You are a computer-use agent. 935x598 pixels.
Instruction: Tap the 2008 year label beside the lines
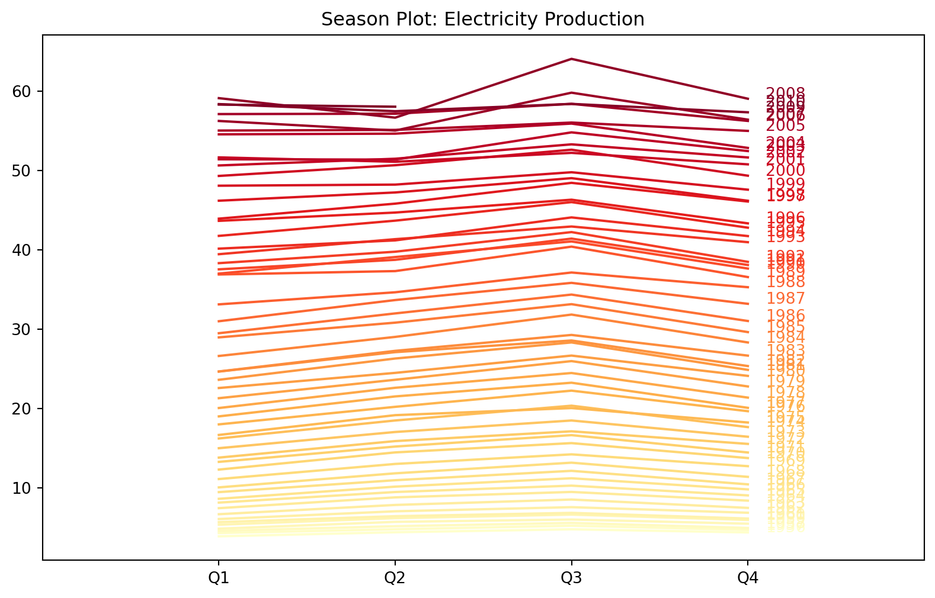[x=785, y=93]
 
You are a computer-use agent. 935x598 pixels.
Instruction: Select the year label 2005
[x=785, y=126]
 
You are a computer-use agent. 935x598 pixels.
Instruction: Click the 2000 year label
[x=785, y=171]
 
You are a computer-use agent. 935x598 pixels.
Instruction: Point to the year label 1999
[x=785, y=184]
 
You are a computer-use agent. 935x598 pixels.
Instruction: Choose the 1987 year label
[x=785, y=299]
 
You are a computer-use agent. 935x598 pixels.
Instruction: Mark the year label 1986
[x=785, y=316]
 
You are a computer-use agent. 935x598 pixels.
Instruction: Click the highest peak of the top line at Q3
[x=571, y=59]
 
